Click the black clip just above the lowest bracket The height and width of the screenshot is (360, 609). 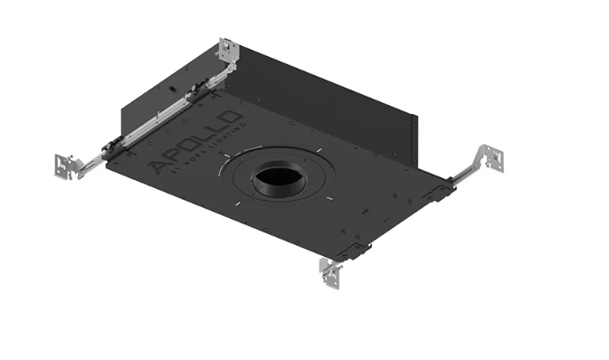click(355, 251)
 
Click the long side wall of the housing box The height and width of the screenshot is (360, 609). click(326, 104)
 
